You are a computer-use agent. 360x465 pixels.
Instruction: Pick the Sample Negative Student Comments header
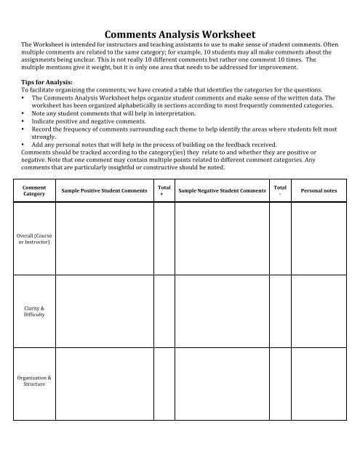pyautogui.click(x=223, y=190)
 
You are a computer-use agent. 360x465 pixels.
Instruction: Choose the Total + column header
pyautogui.click(x=164, y=190)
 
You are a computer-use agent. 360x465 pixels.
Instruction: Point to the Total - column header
pyautogui.click(x=281, y=190)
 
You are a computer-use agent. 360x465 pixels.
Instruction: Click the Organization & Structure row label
pyautogui.click(x=34, y=380)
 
